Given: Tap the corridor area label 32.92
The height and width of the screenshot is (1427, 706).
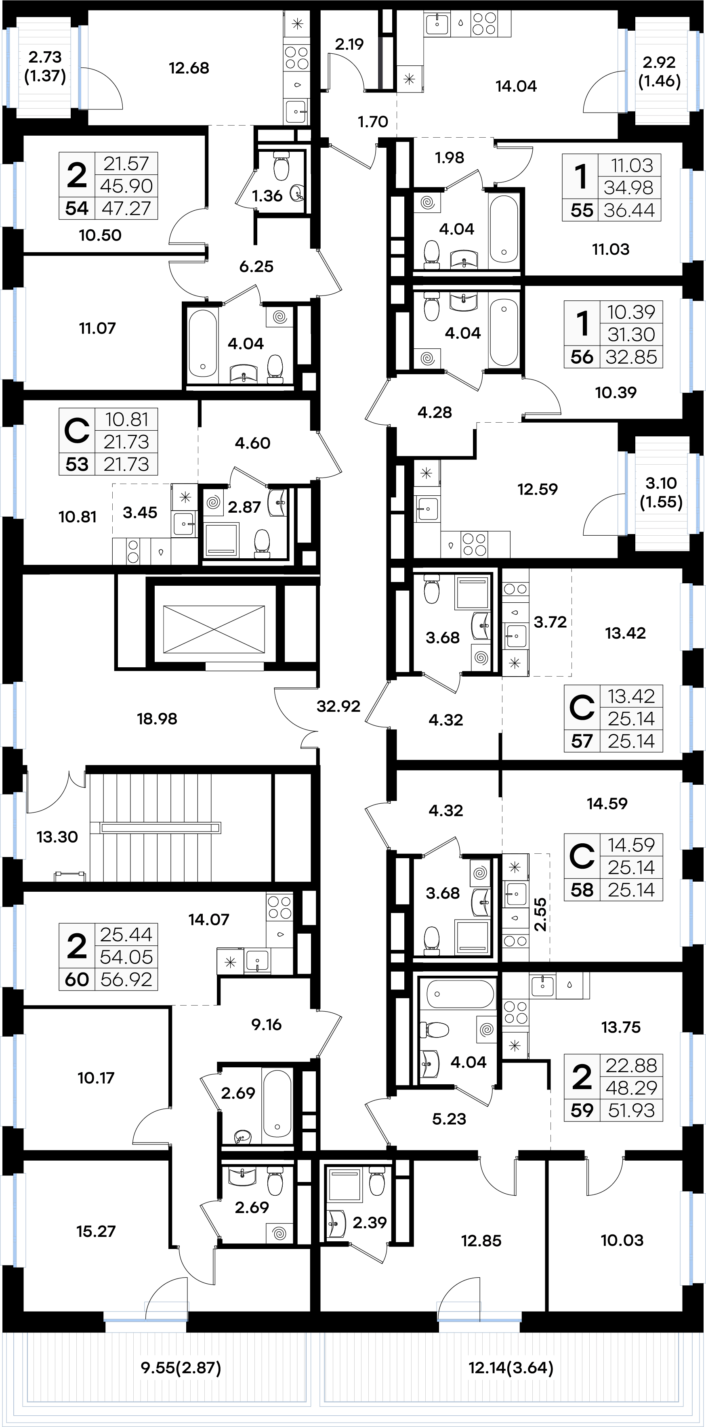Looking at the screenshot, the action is point(338,706).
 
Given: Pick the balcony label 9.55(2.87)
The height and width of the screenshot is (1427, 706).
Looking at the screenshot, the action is point(181,1368).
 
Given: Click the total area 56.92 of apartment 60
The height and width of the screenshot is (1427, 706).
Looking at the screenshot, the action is point(126,979).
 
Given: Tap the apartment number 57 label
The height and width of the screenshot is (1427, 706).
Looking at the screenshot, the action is point(582,741).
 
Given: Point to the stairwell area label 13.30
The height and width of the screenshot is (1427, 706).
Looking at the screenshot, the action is point(57,836).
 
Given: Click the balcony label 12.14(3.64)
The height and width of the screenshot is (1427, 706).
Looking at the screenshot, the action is point(511,1368).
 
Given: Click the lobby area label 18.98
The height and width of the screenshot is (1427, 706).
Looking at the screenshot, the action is point(157,719).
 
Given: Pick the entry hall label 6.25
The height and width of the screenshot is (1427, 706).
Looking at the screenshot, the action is point(256,266).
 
